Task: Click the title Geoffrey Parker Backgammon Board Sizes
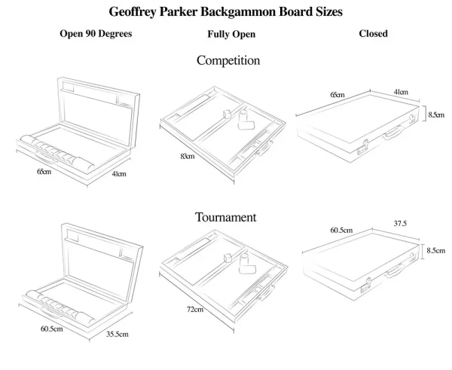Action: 225,11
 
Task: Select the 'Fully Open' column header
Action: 231,35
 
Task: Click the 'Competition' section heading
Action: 228,60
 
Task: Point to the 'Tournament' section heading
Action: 226,217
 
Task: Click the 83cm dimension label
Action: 187,156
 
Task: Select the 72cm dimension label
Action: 194,310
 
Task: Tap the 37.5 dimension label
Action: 400,224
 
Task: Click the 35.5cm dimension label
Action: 117,334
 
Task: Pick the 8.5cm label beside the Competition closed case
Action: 435,114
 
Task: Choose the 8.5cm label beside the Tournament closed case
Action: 435,251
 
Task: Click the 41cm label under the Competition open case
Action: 118,175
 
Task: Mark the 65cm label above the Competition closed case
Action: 337,94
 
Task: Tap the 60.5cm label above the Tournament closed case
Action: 341,230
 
